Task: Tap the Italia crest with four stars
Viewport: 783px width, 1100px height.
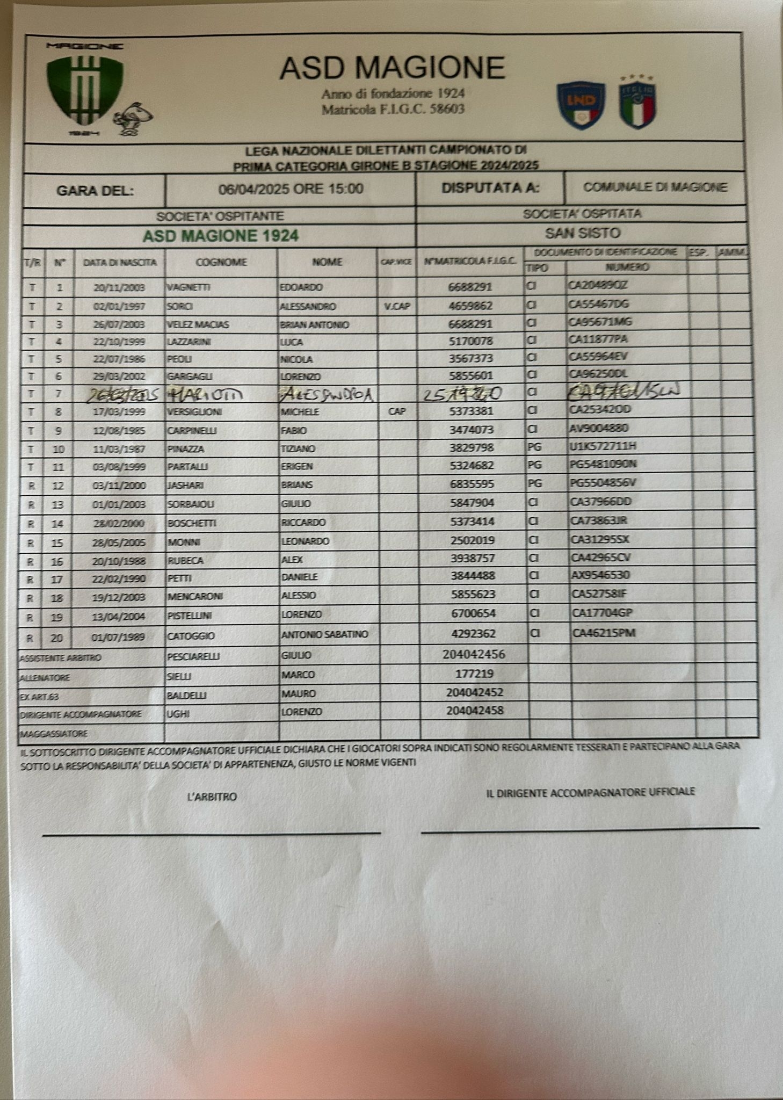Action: [637, 102]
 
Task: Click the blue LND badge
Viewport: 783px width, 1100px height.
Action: [581, 105]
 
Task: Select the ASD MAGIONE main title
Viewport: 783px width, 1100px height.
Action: [392, 68]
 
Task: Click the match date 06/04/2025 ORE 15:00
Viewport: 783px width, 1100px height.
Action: [291, 189]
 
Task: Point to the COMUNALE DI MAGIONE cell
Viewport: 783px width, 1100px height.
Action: [655, 187]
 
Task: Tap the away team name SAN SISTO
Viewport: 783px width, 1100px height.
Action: [583, 233]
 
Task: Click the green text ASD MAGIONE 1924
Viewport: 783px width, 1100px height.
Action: [220, 236]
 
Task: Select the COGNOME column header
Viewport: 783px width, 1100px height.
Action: [221, 262]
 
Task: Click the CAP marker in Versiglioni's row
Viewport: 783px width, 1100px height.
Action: [397, 412]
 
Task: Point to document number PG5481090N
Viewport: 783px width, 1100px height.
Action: [603, 464]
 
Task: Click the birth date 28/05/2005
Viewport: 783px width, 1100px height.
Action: [119, 542]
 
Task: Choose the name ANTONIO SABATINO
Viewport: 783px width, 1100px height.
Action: [325, 634]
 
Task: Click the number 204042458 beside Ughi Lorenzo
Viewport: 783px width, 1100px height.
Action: [475, 711]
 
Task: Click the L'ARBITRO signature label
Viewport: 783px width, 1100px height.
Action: [212, 797]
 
